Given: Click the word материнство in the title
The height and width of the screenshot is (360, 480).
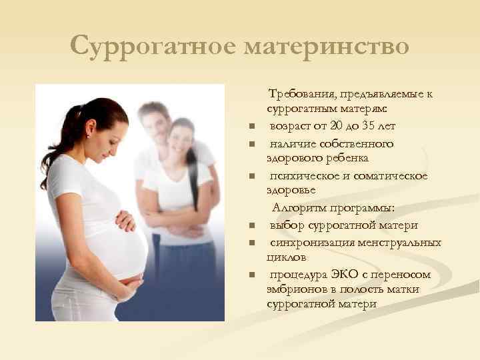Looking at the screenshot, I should pyautogui.click(x=327, y=47).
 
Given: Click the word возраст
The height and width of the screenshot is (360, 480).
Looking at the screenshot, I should pyautogui.click(x=291, y=125).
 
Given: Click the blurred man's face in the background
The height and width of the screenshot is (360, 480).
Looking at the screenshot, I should pyautogui.click(x=156, y=121).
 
